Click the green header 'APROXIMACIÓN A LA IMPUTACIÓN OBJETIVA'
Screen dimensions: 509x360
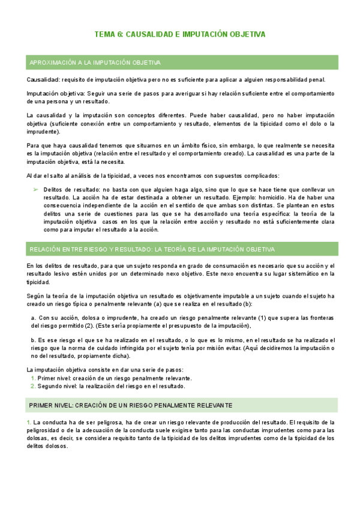point(94,62)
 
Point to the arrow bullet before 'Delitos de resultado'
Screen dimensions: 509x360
point(35,189)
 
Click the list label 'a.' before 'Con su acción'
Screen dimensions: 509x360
point(33,318)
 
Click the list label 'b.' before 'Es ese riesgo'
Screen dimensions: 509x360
point(33,340)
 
